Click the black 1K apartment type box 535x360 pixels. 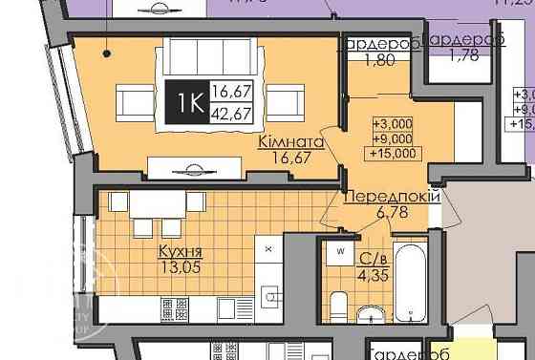coord(184,100)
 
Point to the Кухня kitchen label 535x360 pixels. coord(180,251)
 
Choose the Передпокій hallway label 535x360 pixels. coord(391,197)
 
